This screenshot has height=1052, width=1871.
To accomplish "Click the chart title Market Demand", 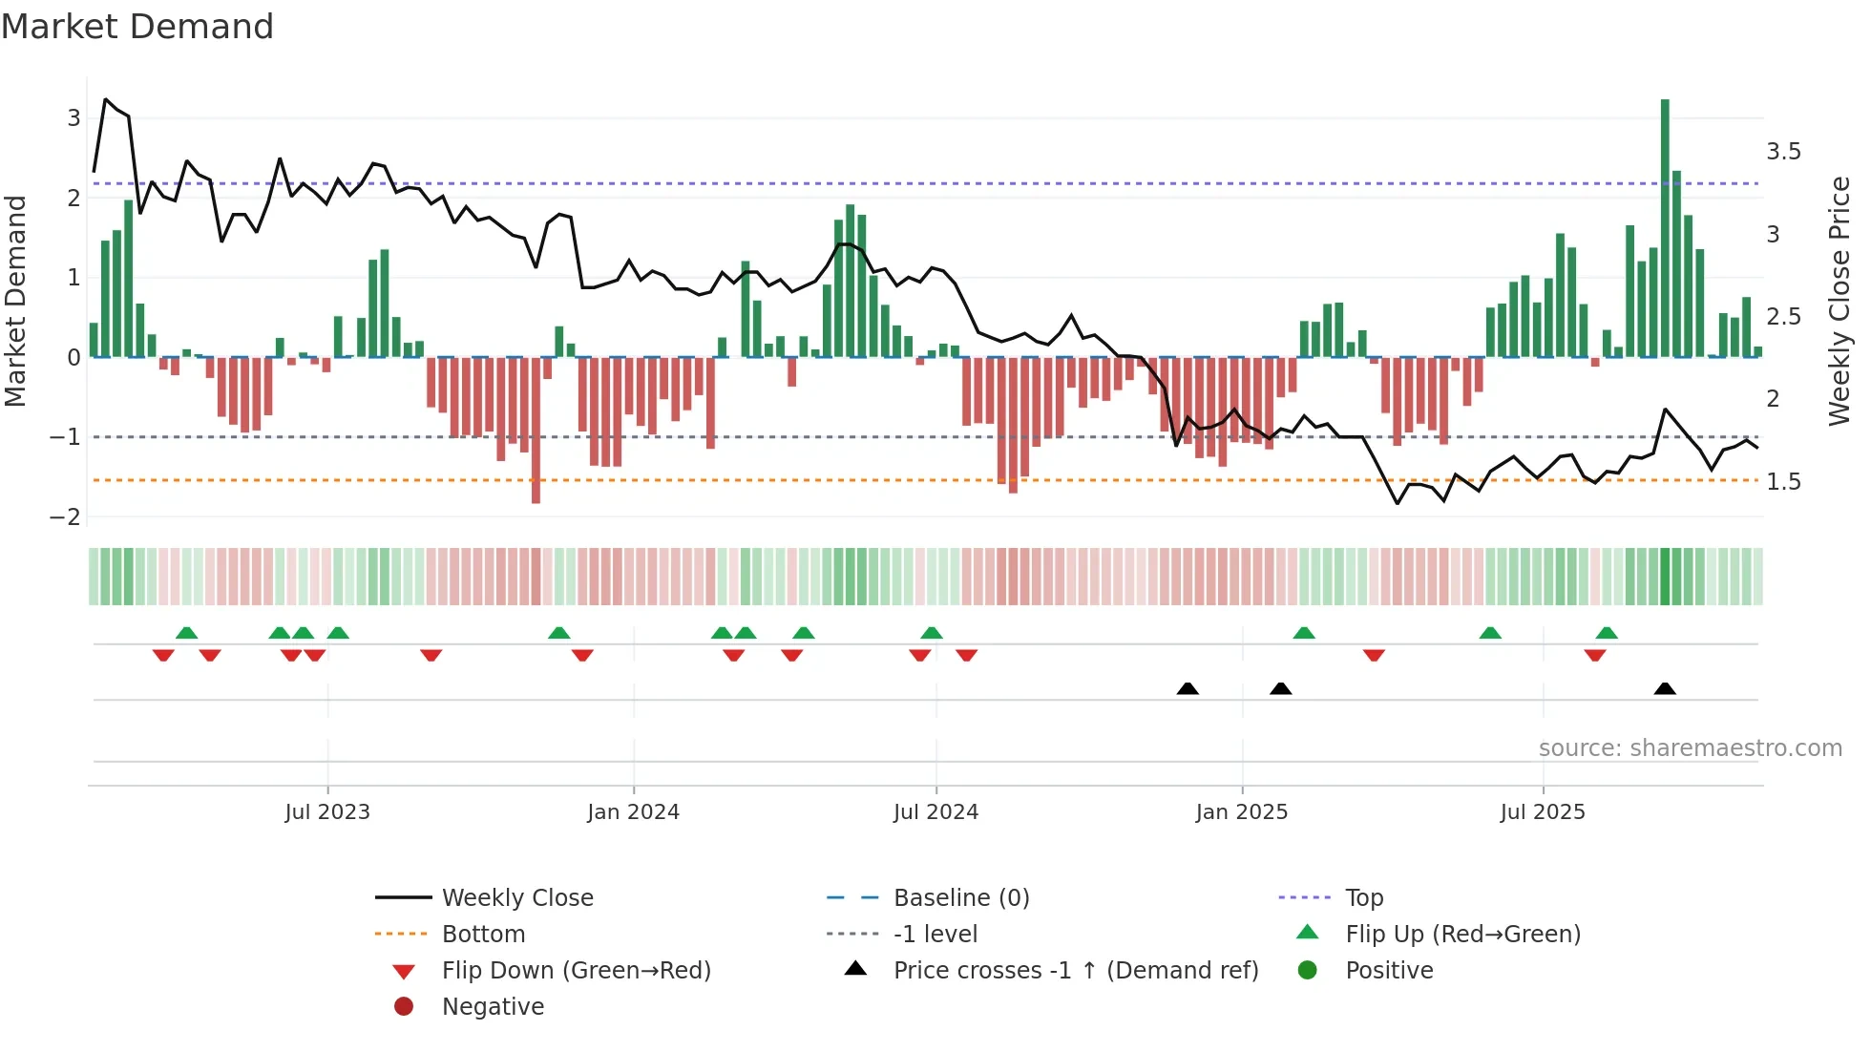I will click(x=137, y=27).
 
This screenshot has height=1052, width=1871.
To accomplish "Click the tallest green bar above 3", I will click(x=1665, y=228).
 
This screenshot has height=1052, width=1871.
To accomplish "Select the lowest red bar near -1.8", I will click(x=536, y=430).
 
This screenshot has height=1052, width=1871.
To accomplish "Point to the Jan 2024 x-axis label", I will click(x=633, y=812).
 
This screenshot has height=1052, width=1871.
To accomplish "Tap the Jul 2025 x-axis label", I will click(x=1542, y=812).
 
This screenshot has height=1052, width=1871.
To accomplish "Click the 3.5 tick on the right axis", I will click(x=1783, y=152).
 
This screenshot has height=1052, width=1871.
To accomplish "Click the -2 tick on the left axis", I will click(x=65, y=517).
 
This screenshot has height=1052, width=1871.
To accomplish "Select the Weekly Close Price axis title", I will click(x=1839, y=301).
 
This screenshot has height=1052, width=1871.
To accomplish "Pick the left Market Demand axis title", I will click(x=15, y=301).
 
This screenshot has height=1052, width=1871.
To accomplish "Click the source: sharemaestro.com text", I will click(x=1690, y=748).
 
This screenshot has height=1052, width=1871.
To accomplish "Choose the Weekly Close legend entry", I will click(x=516, y=898).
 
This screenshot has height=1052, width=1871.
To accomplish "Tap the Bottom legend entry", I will click(x=483, y=935).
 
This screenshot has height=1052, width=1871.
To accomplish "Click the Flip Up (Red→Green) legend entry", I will click(x=1462, y=935).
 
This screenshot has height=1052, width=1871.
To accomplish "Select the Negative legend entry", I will click(x=493, y=1007).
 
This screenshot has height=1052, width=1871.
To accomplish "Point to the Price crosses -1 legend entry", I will click(x=1075, y=971).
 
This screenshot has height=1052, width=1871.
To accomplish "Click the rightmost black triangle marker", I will click(x=1665, y=688).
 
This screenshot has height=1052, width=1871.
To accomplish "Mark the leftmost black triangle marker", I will click(x=1188, y=688).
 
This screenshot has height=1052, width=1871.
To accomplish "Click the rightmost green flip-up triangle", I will click(x=1607, y=633).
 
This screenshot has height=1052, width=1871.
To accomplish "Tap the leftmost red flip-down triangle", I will click(x=163, y=655).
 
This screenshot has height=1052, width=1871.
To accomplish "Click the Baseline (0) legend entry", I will click(x=960, y=898).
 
